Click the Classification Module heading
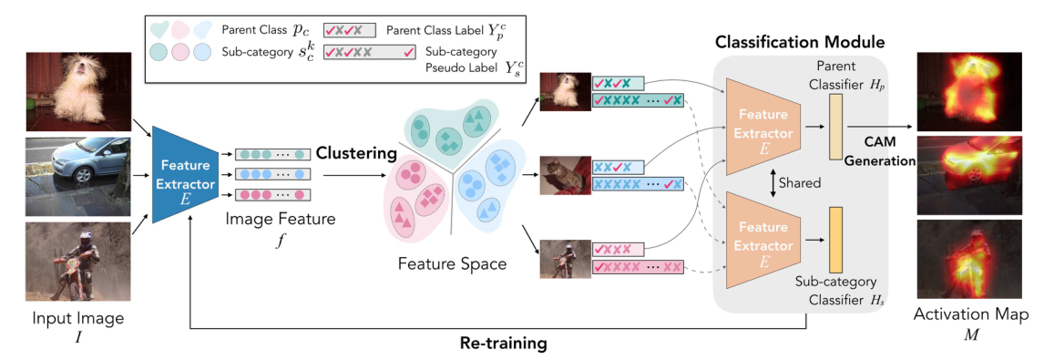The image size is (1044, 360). tap(800, 43)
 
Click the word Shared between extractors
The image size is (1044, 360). tap(799, 183)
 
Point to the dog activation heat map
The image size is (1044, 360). tap(973, 89)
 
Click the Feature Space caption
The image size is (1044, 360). tap(452, 264)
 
